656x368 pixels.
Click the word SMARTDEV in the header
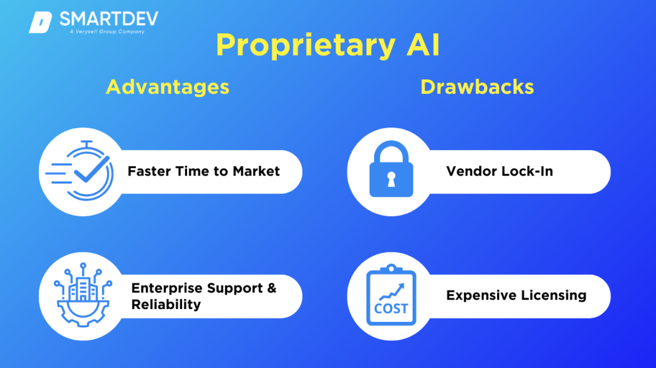[x=108, y=19]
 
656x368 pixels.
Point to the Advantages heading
[x=167, y=87]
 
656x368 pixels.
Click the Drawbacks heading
[x=477, y=87]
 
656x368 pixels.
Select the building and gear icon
[x=82, y=296]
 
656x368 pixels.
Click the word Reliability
[x=166, y=304]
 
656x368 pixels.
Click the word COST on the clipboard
[x=391, y=308]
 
